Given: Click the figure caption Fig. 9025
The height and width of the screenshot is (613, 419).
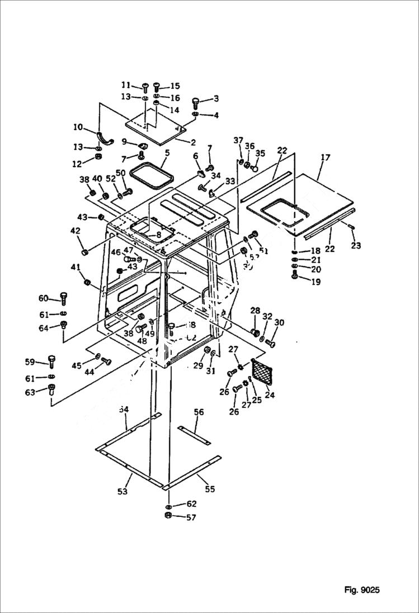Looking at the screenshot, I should click(362, 590).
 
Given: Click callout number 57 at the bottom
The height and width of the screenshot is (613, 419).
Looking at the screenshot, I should click(191, 517).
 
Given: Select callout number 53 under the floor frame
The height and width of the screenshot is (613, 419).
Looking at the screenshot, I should click(122, 491).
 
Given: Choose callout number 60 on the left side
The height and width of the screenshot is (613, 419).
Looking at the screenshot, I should click(44, 298).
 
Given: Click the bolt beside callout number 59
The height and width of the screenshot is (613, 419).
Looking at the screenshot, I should click(52, 360).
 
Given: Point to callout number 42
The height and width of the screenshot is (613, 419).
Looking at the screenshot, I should click(74, 231).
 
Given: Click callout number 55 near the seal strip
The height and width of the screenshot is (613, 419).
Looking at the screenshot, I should click(209, 489).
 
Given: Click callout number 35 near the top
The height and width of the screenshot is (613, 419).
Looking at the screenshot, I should click(260, 153).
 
